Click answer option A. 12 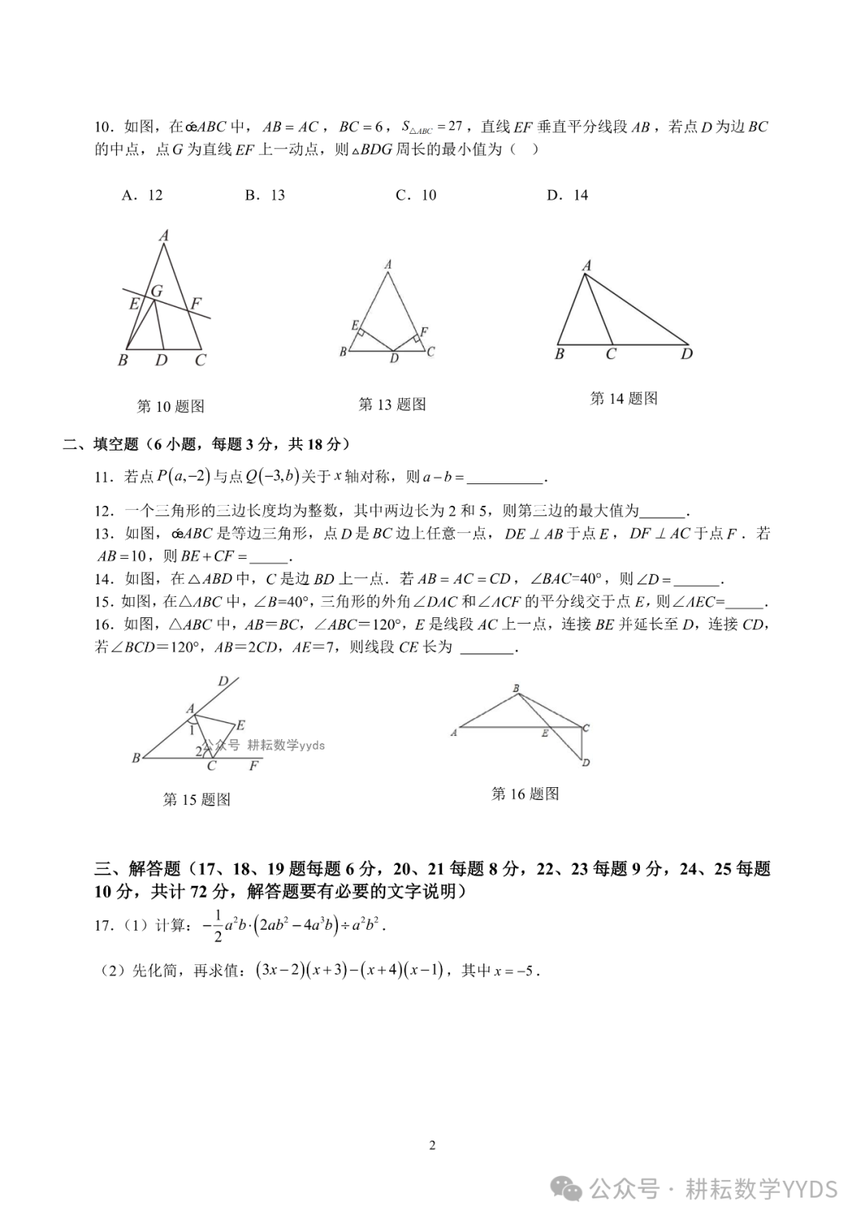point(143,195)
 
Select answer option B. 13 point(265,195)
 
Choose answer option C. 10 point(416,195)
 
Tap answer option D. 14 point(567,195)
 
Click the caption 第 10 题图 point(171,406)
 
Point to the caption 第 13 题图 point(392,404)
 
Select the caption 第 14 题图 point(624,398)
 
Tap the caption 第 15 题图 point(197,799)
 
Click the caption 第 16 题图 point(525,794)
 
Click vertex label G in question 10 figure point(157,292)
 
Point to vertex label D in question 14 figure point(686,353)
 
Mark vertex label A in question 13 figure point(388,265)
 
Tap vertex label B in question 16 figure point(516,689)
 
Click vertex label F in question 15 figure point(254,766)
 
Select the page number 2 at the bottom point(432,1145)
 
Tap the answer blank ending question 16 point(488,648)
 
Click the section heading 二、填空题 point(101,444)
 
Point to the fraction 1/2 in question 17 point(217,926)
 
